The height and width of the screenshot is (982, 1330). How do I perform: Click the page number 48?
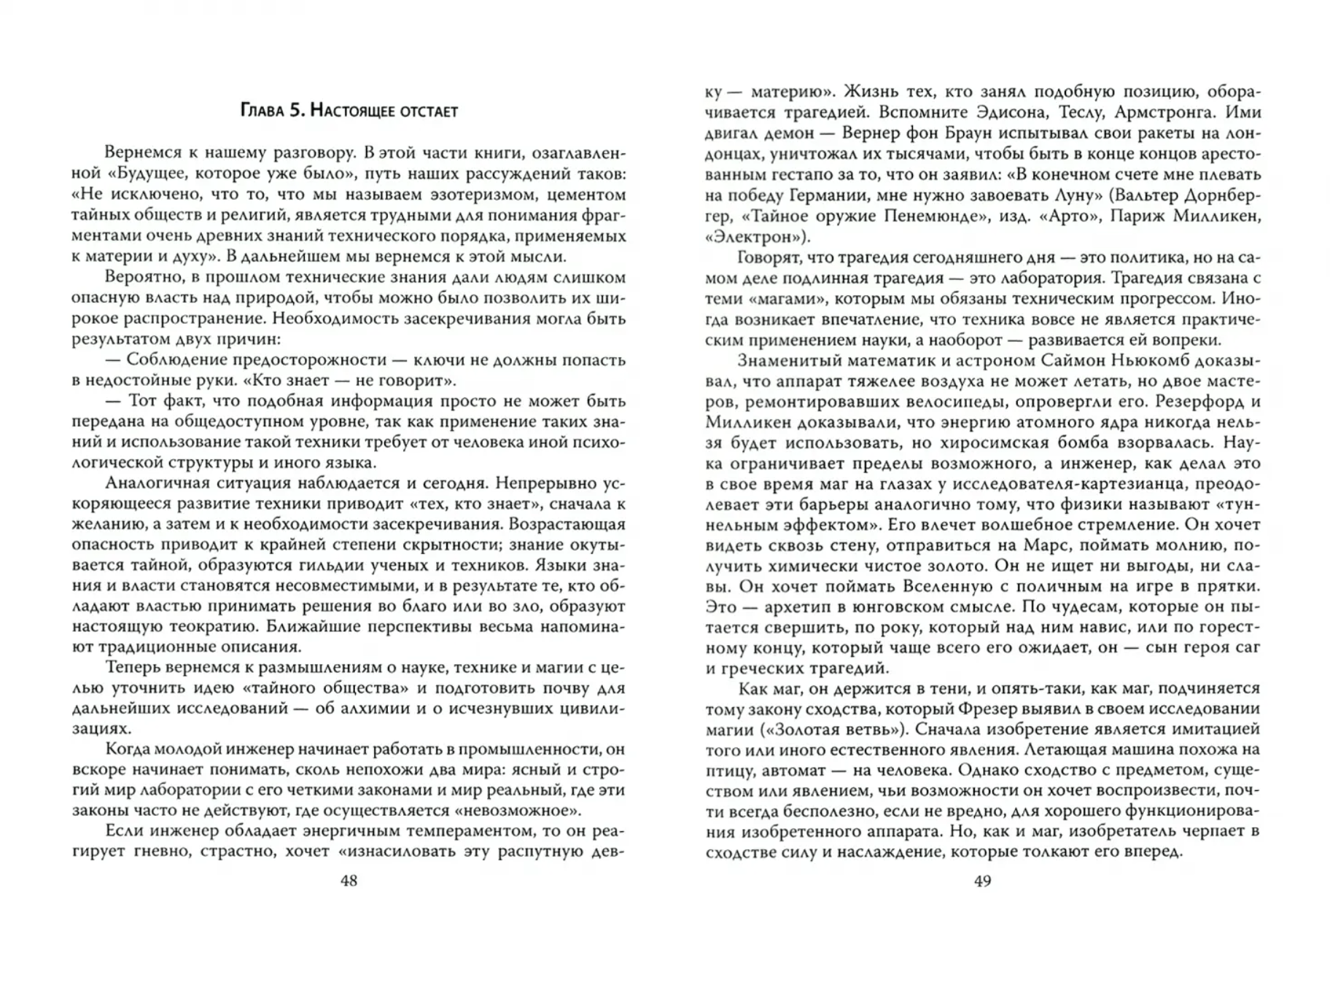pos(349,881)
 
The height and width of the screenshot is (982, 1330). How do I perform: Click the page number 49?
pos(982,881)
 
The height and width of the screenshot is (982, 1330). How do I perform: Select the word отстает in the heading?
pos(426,111)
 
